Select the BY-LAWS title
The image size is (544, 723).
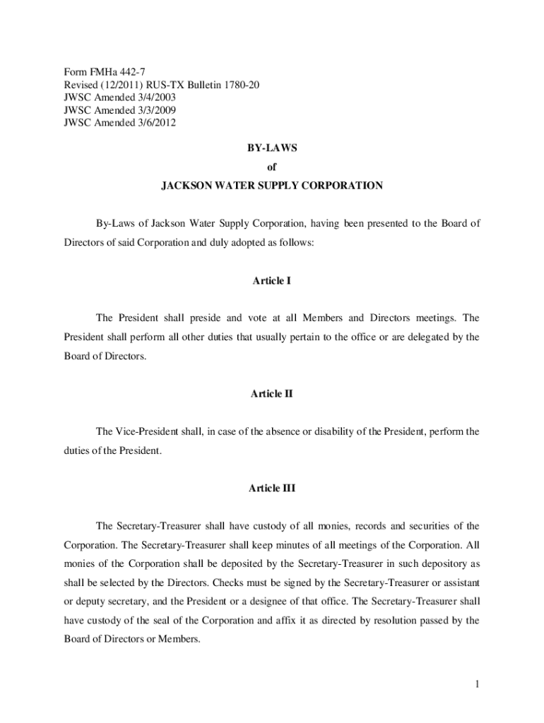pos(272,149)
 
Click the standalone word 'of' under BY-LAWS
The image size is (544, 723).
pos(272,167)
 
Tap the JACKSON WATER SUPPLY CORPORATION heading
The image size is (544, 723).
pos(272,186)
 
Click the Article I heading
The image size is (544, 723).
pos(272,280)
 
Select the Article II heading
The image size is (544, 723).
pos(272,394)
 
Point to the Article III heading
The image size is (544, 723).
pos(272,488)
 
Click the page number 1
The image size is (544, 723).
pos(478,684)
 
